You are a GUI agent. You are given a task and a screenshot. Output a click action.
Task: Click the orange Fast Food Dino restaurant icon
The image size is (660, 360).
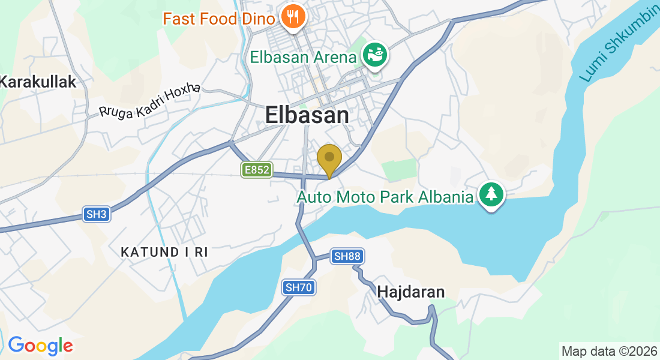coord(293,16)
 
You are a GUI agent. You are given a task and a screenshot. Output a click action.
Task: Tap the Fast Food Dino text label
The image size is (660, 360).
coord(219,18)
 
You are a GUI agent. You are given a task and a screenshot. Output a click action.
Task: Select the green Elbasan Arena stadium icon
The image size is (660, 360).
coord(376,56)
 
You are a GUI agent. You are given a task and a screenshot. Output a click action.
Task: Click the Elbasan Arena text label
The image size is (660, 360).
coord(303,58)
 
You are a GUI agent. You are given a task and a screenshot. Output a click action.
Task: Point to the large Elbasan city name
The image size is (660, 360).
coord(307,115)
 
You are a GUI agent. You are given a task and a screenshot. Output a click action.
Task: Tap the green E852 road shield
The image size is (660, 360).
coord(256,170)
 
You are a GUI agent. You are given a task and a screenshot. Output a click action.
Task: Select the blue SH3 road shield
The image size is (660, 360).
coord(96,214)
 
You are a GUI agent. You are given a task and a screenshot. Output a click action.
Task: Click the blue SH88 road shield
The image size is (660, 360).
coord(347,256)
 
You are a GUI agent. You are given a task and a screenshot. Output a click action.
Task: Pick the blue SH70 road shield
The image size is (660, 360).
coord(299,287)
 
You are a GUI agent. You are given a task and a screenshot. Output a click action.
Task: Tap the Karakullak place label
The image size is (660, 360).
coord(38,82)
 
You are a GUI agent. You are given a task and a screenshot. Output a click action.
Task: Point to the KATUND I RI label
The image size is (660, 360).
coord(164,252)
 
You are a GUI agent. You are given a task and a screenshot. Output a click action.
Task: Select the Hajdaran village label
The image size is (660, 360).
coord(411,292)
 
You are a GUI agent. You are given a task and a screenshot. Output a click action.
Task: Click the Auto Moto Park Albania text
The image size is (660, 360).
coord(385,196)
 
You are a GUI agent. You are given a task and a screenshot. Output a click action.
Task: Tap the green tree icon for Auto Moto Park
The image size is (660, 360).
coord(491,194)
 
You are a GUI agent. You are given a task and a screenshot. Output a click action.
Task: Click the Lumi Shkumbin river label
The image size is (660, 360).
coord(618,45)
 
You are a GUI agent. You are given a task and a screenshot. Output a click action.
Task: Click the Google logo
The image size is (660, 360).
coord(40,346)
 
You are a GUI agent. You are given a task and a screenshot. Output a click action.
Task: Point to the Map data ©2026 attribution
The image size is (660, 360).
coord(608,351)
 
